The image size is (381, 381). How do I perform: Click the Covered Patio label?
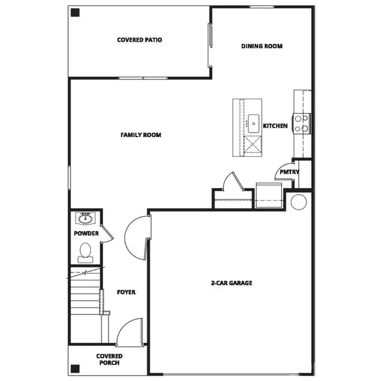(140, 39)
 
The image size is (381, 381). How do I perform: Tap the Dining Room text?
(262, 46)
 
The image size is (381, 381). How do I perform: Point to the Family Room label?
(141, 135)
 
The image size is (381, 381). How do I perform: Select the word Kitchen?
(276, 126)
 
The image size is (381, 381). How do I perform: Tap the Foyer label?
(126, 292)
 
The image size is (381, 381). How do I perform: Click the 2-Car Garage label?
(232, 283)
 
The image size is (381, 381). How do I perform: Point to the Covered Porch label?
(109, 360)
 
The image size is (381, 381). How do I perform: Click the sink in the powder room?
(85, 219)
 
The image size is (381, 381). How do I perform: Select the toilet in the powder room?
(84, 253)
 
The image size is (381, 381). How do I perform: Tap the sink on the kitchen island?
(253, 121)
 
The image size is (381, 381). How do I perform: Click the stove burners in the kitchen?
(302, 123)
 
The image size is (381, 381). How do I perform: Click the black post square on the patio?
(75, 12)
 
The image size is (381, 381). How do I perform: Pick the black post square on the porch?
(76, 368)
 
